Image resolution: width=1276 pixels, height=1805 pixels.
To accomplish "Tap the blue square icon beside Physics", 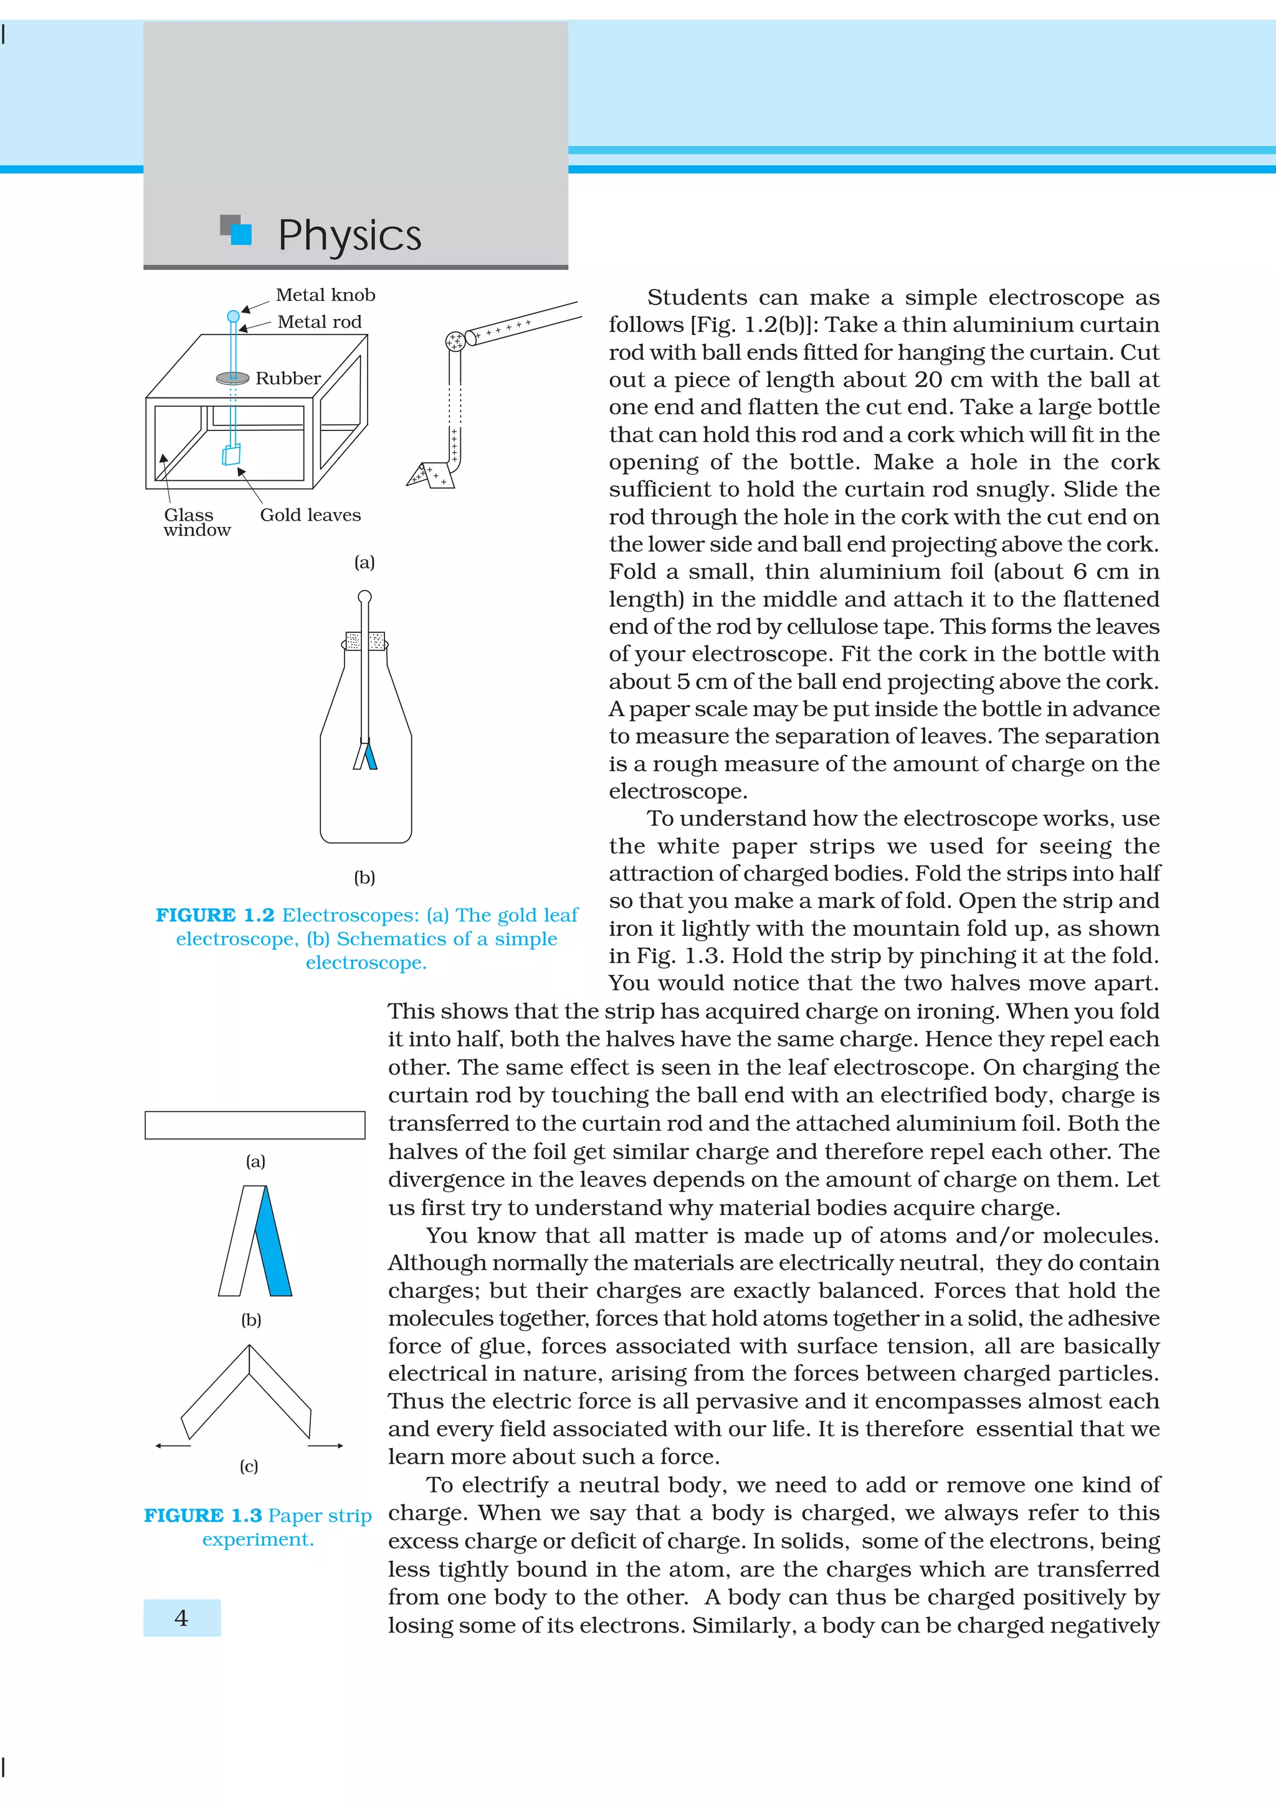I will click(240, 234).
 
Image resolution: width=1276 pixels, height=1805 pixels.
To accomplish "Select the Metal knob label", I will click(325, 295).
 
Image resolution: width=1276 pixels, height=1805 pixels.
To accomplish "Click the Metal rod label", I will click(319, 321).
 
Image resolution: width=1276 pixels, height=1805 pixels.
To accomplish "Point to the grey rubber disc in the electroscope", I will click(233, 378).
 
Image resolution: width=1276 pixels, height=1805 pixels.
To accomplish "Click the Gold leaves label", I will click(310, 515).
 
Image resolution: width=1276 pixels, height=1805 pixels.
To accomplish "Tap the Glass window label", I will click(196, 522).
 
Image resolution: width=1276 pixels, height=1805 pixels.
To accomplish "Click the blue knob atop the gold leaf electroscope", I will click(233, 316).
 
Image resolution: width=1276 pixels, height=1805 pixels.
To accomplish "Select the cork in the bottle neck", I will click(366, 641).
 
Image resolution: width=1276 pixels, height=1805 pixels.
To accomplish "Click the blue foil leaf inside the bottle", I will click(370, 756).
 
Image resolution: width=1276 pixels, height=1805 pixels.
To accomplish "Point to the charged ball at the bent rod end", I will click(454, 341).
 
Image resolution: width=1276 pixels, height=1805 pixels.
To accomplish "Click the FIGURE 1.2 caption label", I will click(214, 915).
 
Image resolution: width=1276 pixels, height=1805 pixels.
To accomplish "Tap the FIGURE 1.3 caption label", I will click(203, 1515).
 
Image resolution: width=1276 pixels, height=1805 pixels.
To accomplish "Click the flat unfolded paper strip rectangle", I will click(255, 1125).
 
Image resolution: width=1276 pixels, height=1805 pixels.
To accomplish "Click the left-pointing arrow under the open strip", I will click(173, 1446).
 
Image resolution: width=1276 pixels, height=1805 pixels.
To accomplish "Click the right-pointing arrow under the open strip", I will click(325, 1446).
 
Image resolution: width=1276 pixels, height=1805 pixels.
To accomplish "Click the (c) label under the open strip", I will click(249, 1466).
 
